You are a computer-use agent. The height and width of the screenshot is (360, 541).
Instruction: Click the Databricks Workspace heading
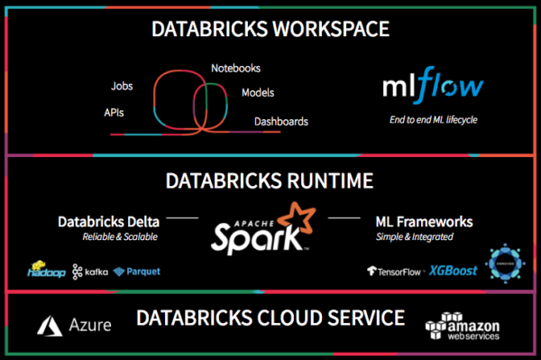[270, 30]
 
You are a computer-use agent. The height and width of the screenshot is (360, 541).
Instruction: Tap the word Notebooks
[236, 69]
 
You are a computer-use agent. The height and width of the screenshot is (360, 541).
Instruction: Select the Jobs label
[122, 88]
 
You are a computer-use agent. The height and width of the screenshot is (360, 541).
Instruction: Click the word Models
[258, 93]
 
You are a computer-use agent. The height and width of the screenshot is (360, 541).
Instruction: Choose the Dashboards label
[280, 121]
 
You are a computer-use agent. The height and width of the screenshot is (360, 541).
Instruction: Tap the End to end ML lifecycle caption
[431, 118]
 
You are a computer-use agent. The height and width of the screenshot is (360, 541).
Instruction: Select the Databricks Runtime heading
[270, 181]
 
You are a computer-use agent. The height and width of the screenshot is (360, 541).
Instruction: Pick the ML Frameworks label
[424, 221]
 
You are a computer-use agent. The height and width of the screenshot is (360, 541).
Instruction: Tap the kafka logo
[90, 271]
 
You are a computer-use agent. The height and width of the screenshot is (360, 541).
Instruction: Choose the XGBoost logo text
[453, 270]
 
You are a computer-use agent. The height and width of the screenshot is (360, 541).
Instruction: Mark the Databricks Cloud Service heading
[270, 318]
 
